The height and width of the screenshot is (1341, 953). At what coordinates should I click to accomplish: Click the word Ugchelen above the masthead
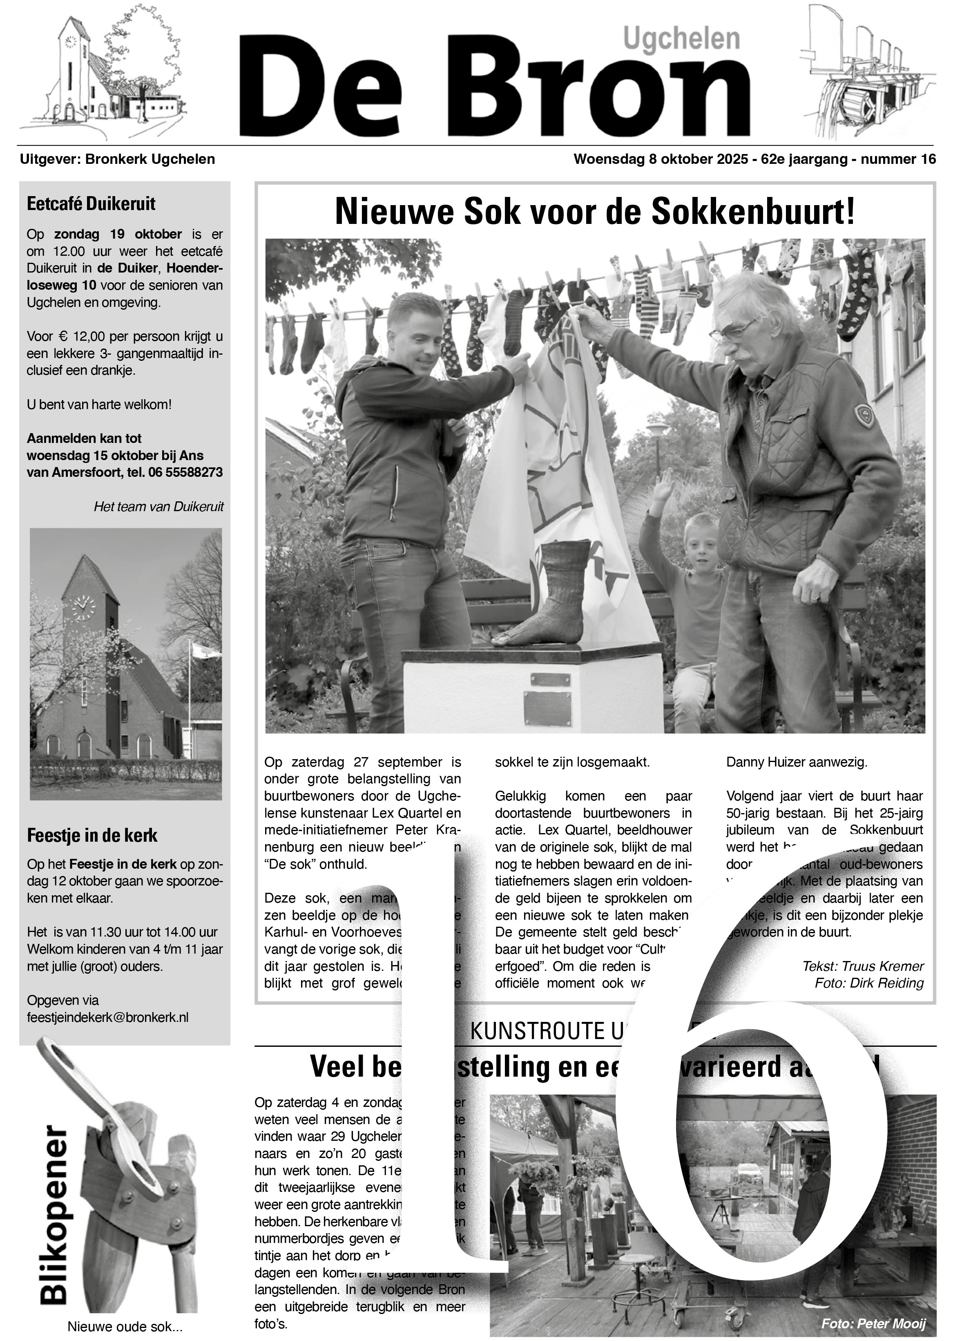pyautogui.click(x=681, y=39)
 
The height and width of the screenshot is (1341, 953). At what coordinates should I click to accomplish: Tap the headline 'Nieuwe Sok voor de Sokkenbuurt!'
pyautogui.click(x=594, y=212)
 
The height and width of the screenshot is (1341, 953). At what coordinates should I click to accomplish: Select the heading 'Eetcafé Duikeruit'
pyautogui.click(x=91, y=204)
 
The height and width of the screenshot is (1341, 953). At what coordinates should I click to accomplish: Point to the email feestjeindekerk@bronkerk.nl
pyautogui.click(x=108, y=1017)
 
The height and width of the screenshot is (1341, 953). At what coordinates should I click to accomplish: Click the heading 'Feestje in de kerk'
pyautogui.click(x=92, y=835)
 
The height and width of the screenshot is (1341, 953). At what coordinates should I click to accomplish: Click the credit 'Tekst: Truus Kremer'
pyautogui.click(x=863, y=966)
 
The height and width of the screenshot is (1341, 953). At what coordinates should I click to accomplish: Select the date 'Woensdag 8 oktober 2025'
pyautogui.click(x=660, y=159)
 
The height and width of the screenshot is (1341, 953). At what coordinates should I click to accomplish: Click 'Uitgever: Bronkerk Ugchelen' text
pyautogui.click(x=117, y=159)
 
